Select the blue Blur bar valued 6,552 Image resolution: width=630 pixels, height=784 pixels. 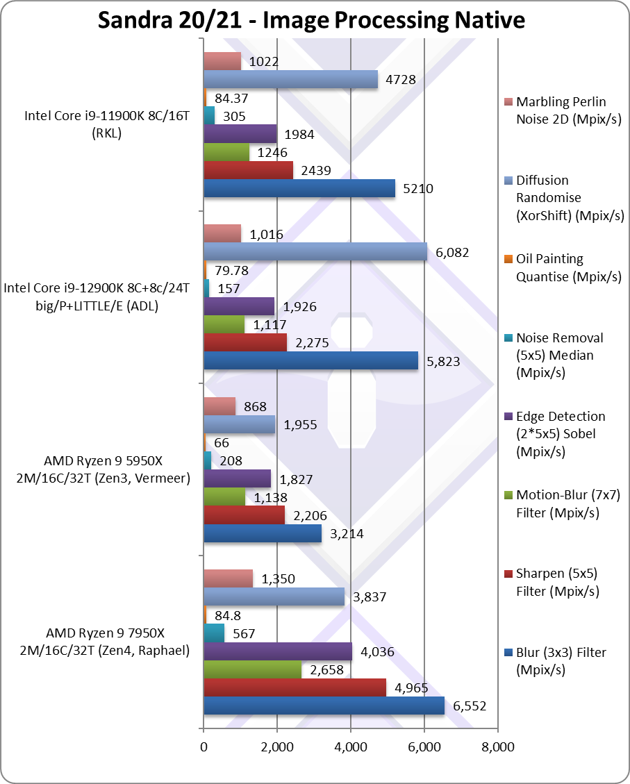pyautogui.click(x=324, y=706)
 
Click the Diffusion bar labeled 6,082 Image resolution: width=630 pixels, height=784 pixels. pyautogui.click(x=315, y=251)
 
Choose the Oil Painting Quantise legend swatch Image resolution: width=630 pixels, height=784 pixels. pyautogui.click(x=509, y=259)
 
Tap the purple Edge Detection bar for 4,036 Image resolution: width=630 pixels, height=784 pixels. pyautogui.click(x=278, y=652)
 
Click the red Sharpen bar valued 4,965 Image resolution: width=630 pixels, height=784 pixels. pyautogui.click(x=295, y=687)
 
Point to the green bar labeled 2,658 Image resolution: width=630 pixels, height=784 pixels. pyautogui.click(x=252, y=670)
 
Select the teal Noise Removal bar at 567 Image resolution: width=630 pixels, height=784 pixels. pyautogui.click(x=214, y=633)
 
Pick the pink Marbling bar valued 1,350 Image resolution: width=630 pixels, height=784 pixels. pyautogui.click(x=228, y=578)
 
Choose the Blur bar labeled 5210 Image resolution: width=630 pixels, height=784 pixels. pyautogui.click(x=299, y=187)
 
